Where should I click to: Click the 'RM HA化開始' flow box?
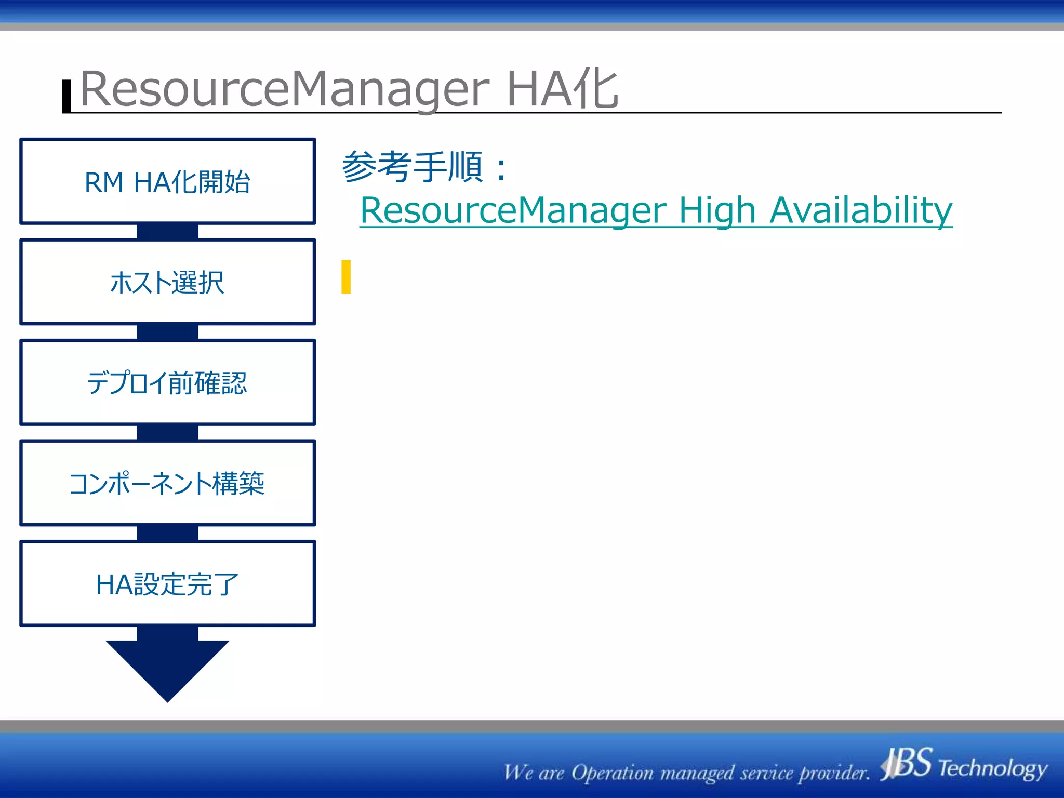[167, 181]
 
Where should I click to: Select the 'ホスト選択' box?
[167, 282]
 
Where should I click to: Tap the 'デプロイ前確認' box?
[167, 383]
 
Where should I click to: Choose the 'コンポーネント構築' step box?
[167, 483]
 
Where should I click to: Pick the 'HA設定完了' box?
[167, 584]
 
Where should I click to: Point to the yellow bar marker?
[346, 277]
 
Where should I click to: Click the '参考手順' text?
[413, 167]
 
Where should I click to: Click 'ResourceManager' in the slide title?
[285, 89]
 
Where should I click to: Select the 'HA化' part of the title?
[562, 89]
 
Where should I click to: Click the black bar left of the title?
[66, 96]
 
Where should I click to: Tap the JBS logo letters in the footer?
[908, 764]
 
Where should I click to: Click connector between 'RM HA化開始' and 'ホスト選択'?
[167, 232]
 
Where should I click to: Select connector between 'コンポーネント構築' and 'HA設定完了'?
[167, 534]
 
